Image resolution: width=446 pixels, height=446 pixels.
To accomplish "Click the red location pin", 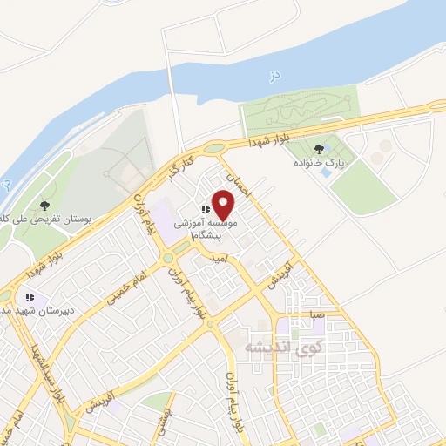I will (224, 206).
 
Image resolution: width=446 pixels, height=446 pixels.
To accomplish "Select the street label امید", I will (220, 260).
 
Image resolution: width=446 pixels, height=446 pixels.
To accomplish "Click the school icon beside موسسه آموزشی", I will (206, 209).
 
